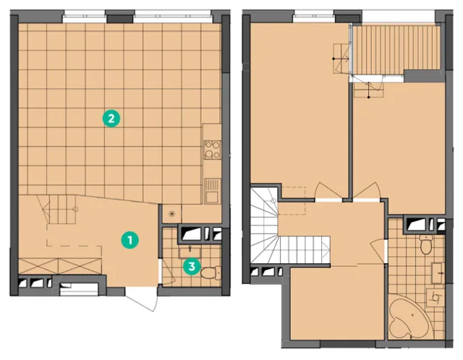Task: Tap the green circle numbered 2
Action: [111, 119]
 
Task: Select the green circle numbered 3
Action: [192, 267]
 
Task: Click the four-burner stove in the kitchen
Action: [213, 150]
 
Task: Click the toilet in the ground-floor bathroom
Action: [211, 273]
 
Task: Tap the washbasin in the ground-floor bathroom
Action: [190, 252]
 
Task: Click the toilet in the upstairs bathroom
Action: [425, 244]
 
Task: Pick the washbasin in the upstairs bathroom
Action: [438, 273]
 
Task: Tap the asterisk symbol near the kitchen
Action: [171, 214]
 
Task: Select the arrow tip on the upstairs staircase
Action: [329, 249]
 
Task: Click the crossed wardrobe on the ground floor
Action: [60, 266]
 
